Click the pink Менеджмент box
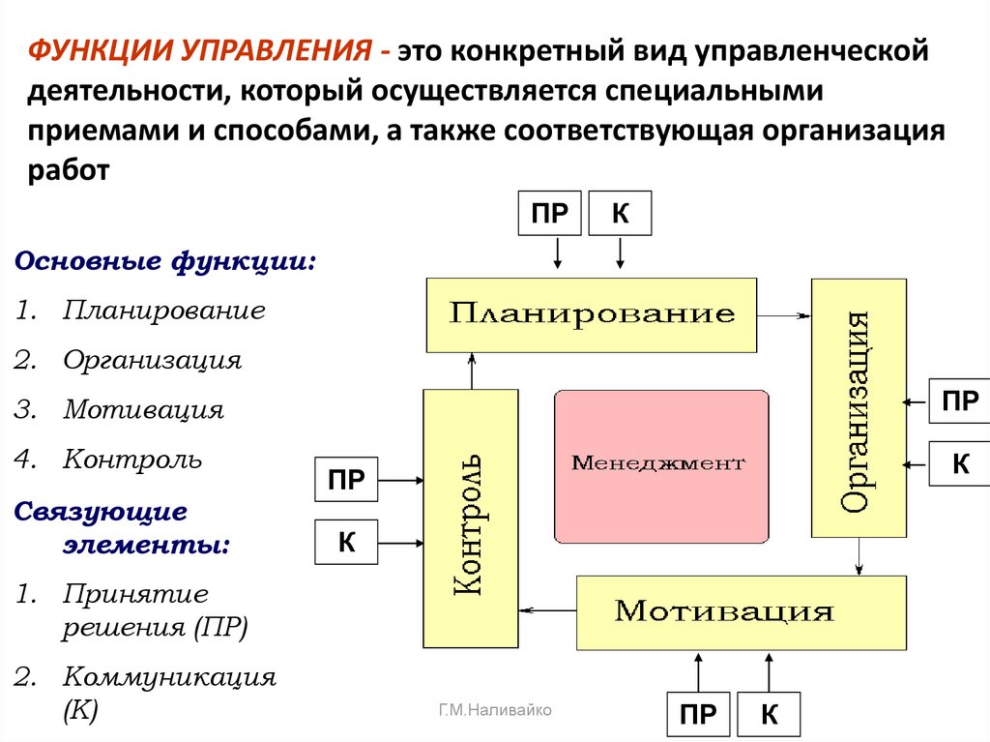click(661, 465)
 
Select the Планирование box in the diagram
click(592, 314)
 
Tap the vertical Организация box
click(859, 407)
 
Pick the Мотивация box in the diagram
click(741, 612)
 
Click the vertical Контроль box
click(471, 519)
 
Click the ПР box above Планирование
click(550, 214)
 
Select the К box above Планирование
click(620, 214)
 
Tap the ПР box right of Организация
click(959, 401)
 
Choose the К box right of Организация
click(959, 463)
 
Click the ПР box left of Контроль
click(346, 480)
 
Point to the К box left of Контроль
click(346, 543)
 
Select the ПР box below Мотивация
click(698, 715)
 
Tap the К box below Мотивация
click(770, 715)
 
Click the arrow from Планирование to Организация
click(784, 314)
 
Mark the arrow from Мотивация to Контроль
click(547, 609)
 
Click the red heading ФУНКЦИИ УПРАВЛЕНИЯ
click(202, 50)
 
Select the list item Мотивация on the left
click(144, 410)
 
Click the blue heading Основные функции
click(165, 262)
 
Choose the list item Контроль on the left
click(132, 460)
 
